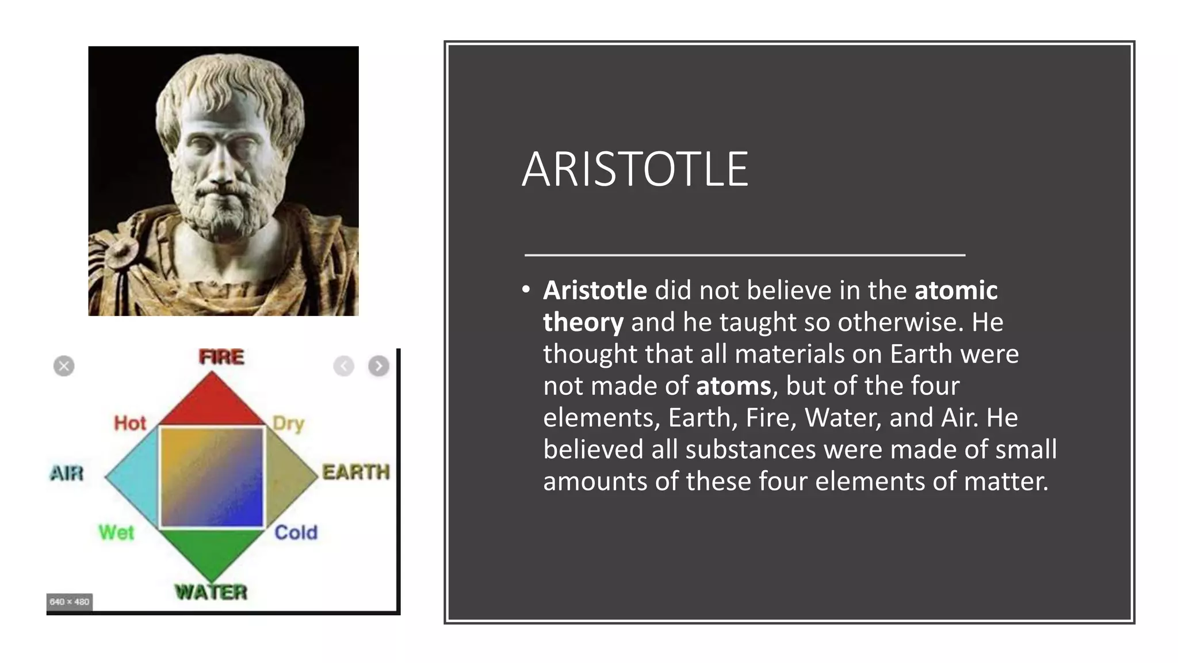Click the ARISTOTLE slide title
coord(635,169)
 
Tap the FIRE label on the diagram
coord(221,357)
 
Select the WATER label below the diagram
coord(211,592)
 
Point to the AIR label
coord(67,473)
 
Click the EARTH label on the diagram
coord(356,472)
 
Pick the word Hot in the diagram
coord(130,423)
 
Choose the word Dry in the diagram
coord(288,424)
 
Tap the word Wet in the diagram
coord(116,532)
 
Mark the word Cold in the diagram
coord(296,532)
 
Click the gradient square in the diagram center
coord(211,477)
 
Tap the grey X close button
coord(64,366)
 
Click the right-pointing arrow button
coord(378,366)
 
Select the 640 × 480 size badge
coord(69,602)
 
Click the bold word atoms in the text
coord(733,386)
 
